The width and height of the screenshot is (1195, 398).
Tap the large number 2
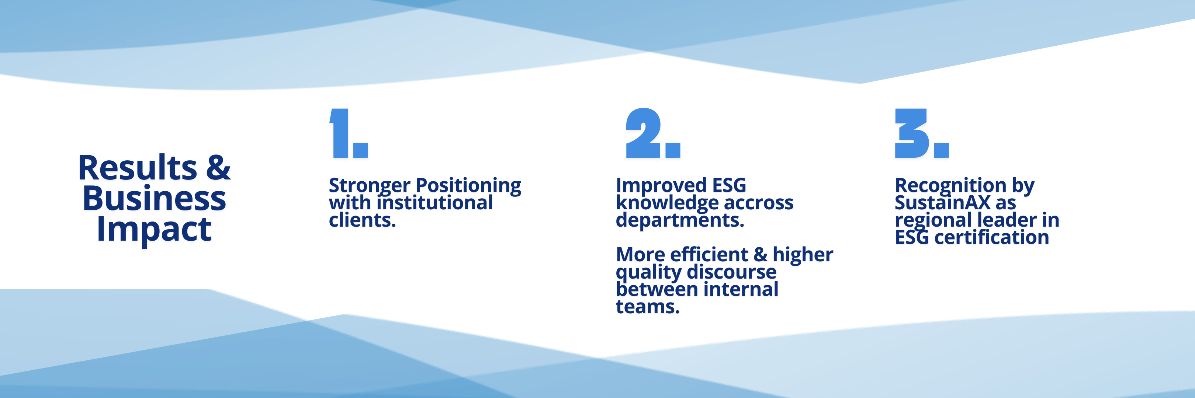tap(644, 133)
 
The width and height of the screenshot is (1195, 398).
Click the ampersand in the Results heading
tap(218, 167)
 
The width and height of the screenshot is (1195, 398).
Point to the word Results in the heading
tap(138, 167)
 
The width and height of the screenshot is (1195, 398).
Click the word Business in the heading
tap(155, 198)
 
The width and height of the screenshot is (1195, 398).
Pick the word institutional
tap(435, 202)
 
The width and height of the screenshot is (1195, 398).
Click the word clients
tap(362, 220)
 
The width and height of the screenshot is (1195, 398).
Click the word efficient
tap(709, 254)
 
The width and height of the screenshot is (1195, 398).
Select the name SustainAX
tap(943, 202)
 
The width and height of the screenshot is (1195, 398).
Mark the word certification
tap(991, 237)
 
